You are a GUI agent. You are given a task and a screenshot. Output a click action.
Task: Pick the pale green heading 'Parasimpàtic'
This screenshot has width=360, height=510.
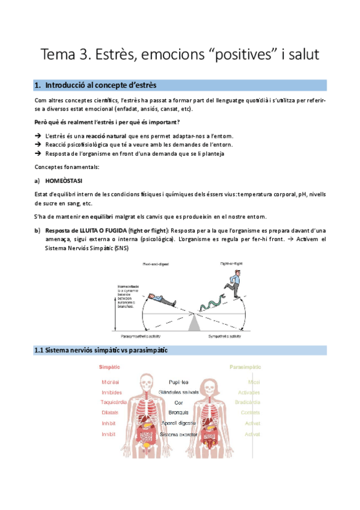tap(245, 366)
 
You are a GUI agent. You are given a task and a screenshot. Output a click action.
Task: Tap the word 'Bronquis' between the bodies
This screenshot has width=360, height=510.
tap(178, 413)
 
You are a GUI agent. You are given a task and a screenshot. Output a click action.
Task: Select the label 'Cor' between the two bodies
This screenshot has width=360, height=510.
tap(178, 402)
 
